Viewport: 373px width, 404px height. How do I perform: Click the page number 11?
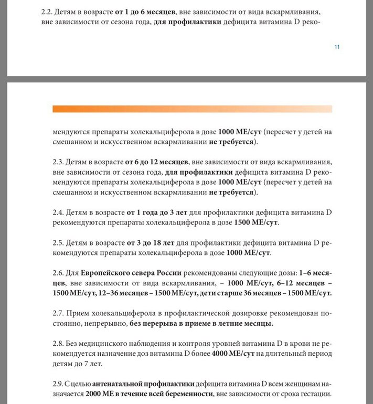[337, 47]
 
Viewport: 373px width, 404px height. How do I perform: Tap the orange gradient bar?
[192, 109]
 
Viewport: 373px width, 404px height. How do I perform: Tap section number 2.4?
[59, 212]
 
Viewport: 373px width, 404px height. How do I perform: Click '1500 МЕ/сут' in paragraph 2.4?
[257, 222]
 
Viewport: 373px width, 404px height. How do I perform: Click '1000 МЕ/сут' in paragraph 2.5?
[248, 253]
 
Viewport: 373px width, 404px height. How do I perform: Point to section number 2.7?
[59, 313]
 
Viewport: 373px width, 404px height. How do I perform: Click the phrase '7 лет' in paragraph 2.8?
[93, 364]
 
